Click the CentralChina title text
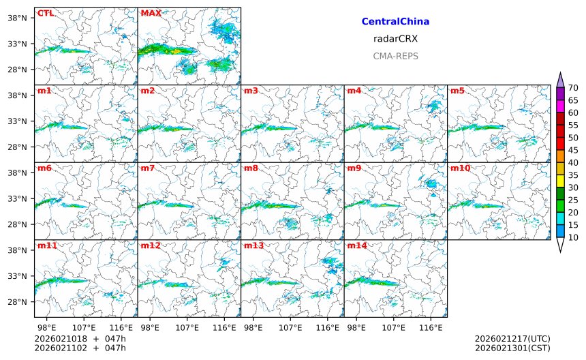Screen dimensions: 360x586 tap(395, 22)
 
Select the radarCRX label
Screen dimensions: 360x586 tap(395, 39)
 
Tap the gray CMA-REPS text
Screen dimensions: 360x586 tap(395, 56)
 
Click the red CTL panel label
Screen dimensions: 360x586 tap(45, 13)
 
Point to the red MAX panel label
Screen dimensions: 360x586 tap(151, 13)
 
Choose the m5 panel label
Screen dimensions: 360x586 tap(457, 91)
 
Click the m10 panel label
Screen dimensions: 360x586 tap(460, 168)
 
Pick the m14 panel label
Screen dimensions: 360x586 tap(356, 245)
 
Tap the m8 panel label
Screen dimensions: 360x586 tap(251, 168)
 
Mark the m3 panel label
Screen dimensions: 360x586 tap(251, 91)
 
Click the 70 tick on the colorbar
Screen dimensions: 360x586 tap(573, 87)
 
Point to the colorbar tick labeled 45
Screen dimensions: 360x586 tap(573, 150)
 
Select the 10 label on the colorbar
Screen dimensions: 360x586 tap(573, 237)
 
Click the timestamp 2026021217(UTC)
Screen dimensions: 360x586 tap(512, 339)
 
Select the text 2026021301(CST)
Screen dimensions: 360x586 tap(512, 348)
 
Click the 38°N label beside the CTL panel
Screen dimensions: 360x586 tap(16, 18)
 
